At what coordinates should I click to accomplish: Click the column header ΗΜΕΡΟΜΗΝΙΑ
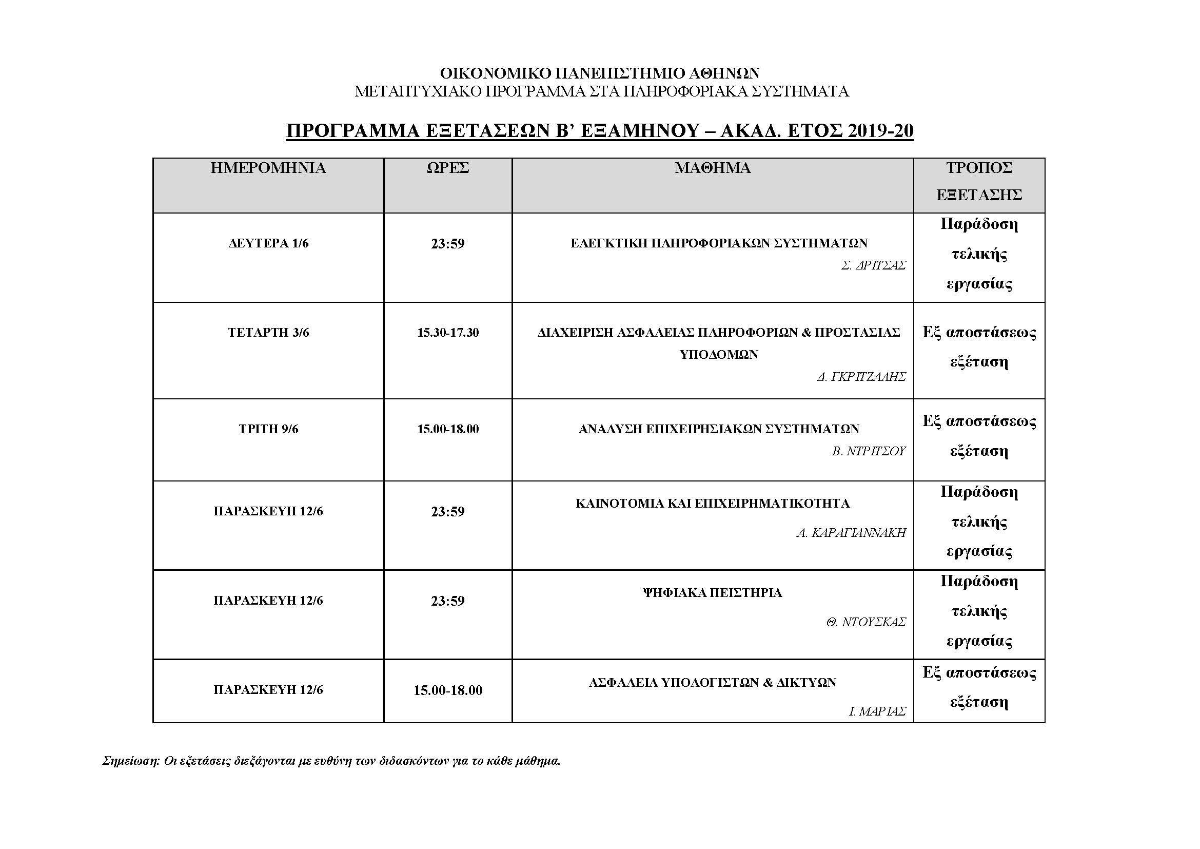coord(268,168)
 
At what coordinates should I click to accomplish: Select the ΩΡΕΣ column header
coord(447,168)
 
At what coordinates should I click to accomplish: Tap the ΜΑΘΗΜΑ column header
coord(713,168)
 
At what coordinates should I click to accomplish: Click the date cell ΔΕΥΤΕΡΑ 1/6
coord(268,244)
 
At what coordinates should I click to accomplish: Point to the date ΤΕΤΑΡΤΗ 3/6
coord(268,333)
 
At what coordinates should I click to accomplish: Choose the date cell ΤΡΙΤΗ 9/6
coord(268,429)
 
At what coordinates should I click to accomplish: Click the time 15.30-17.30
coord(447,333)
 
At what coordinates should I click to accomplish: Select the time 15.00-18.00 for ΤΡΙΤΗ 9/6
coord(447,429)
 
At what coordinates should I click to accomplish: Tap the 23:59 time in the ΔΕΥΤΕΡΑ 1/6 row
coord(447,244)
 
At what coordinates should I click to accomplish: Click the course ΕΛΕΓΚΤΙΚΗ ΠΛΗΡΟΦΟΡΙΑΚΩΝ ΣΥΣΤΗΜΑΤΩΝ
coord(719,243)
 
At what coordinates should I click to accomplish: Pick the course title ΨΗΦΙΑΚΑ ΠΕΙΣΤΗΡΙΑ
coord(713,593)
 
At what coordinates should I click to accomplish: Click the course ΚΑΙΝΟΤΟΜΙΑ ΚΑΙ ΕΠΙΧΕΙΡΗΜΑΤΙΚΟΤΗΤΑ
coord(713,504)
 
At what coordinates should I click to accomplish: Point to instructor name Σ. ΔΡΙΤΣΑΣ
coord(873,265)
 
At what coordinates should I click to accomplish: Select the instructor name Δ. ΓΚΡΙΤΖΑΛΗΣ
coord(861,377)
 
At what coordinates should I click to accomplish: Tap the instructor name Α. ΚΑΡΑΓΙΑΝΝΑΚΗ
coord(851,533)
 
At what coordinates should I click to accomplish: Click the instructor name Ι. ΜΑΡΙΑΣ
coord(877,711)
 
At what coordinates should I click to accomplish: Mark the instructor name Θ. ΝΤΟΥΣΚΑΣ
coord(865,622)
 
